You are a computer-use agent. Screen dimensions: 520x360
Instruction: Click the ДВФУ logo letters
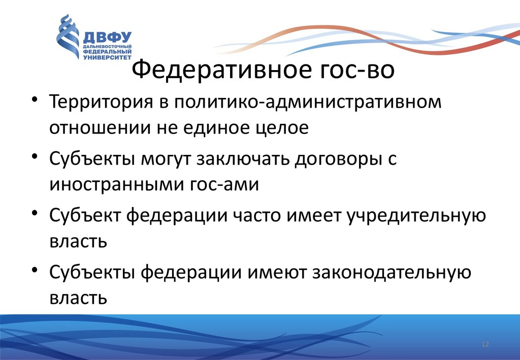[107, 38]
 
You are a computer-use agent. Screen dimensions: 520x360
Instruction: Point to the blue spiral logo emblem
[68, 37]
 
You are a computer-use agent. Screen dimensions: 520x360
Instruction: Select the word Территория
[101, 103]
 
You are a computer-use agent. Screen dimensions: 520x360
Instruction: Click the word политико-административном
[308, 103]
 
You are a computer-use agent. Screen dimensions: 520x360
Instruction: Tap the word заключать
[243, 159]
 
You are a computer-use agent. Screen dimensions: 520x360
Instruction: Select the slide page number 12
[485, 344]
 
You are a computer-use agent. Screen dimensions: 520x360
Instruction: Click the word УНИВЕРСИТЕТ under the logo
[107, 57]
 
